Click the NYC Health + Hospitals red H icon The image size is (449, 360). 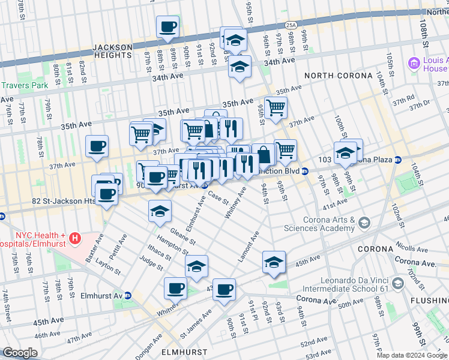click(x=75, y=239)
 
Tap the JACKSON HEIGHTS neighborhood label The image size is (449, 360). click(x=112, y=51)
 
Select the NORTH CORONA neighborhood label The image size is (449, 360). click(x=339, y=76)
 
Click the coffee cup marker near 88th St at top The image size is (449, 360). click(x=168, y=26)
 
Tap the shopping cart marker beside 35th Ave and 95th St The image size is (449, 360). click(x=276, y=107)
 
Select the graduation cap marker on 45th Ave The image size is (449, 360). click(x=273, y=262)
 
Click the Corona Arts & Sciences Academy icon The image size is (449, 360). click(x=364, y=223)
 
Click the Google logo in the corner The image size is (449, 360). click(x=20, y=353)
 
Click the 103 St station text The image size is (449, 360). click(x=324, y=160)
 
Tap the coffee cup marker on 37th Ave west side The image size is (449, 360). click(x=97, y=146)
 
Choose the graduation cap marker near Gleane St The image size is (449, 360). click(x=160, y=211)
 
